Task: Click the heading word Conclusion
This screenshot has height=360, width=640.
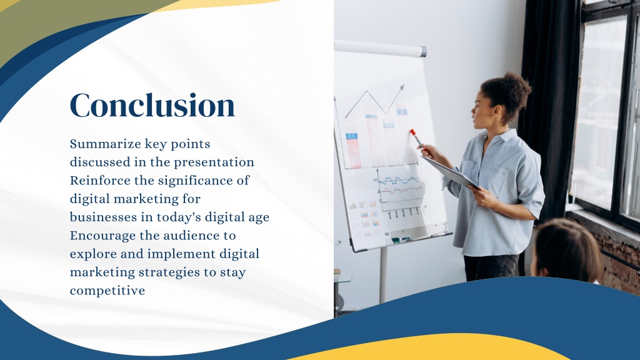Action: click(x=152, y=105)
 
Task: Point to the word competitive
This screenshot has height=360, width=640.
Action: click(x=107, y=291)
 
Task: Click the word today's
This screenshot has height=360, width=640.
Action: click(x=179, y=217)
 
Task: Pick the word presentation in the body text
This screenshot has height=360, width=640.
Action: click(x=214, y=162)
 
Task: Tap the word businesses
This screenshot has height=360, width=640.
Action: click(x=103, y=217)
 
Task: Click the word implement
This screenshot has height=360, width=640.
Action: click(x=181, y=254)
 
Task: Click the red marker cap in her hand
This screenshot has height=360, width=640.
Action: click(x=413, y=132)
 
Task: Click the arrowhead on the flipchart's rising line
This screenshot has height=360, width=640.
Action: click(x=402, y=87)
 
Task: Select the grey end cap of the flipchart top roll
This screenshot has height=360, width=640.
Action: click(x=424, y=52)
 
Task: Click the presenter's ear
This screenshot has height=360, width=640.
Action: click(x=497, y=111)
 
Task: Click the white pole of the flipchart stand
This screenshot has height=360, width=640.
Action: click(x=383, y=275)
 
